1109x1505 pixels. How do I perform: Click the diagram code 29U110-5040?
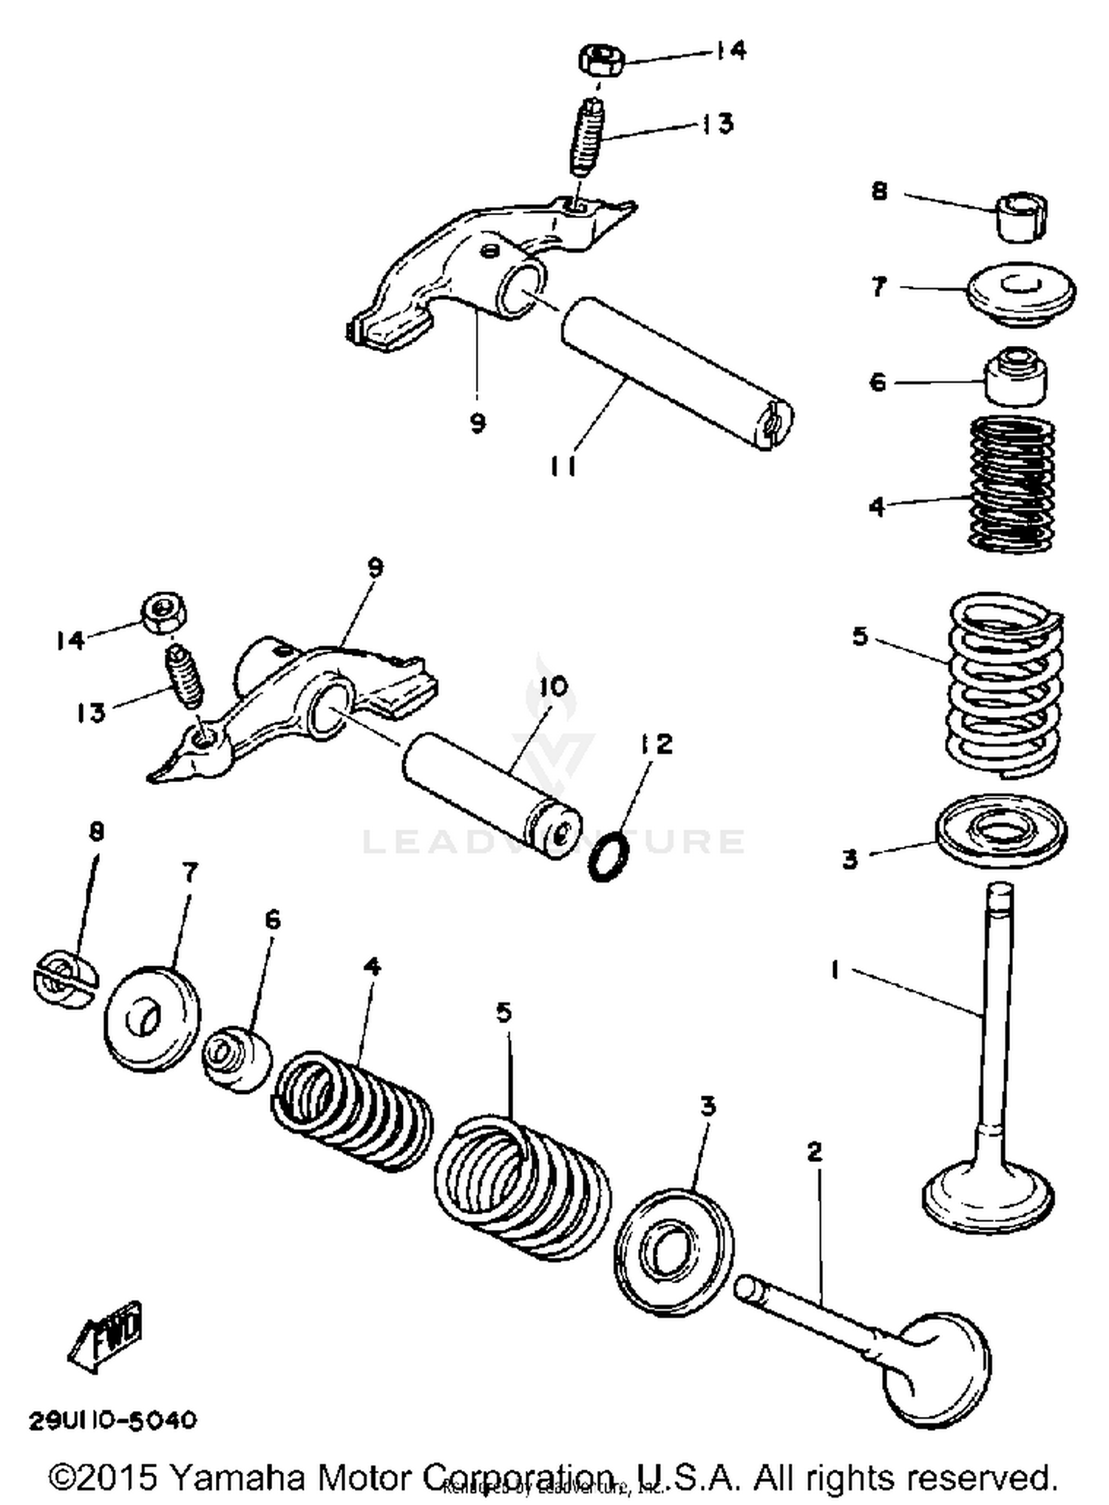point(113,1420)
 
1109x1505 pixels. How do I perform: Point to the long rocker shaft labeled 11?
point(676,373)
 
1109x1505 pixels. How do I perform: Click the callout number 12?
point(658,744)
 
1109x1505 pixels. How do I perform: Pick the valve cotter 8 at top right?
point(1022,216)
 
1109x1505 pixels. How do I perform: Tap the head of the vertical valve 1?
point(988,1195)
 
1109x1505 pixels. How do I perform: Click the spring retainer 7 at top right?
point(1022,293)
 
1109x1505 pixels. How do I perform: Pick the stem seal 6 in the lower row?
point(237,1058)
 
